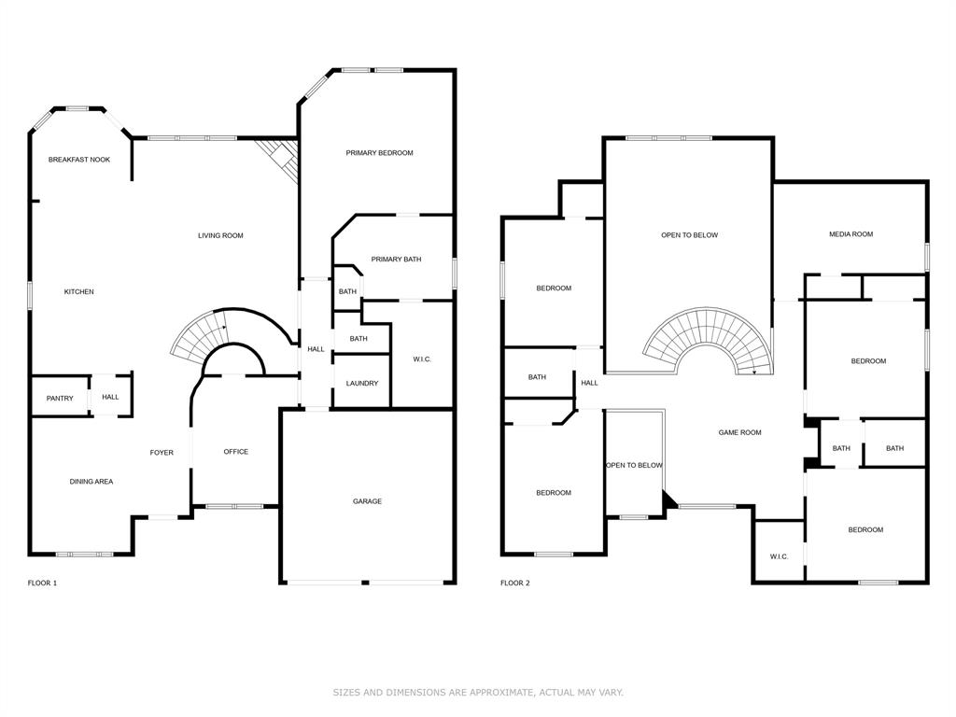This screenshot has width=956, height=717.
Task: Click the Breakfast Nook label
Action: (79, 160)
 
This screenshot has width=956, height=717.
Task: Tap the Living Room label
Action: (220, 235)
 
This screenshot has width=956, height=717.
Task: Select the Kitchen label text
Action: (78, 292)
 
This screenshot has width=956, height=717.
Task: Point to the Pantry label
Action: (60, 399)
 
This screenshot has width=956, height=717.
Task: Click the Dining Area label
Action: (91, 482)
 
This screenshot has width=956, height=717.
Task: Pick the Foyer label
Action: (162, 453)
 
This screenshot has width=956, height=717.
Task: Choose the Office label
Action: (236, 452)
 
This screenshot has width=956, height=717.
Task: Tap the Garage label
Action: (367, 501)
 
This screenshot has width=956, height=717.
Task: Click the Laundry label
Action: (361, 384)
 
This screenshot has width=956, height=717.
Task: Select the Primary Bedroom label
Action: (379, 153)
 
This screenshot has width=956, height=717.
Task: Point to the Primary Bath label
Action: (396, 260)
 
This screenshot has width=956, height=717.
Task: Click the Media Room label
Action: (851, 234)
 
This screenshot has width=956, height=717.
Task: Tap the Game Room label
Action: (739, 432)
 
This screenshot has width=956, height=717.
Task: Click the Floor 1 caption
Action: (42, 583)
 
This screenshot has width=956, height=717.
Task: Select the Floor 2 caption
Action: (514, 583)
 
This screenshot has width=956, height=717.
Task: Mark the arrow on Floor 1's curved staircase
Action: (223, 327)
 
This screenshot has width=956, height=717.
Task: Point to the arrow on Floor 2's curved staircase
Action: (754, 372)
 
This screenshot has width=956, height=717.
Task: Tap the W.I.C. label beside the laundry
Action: (422, 359)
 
